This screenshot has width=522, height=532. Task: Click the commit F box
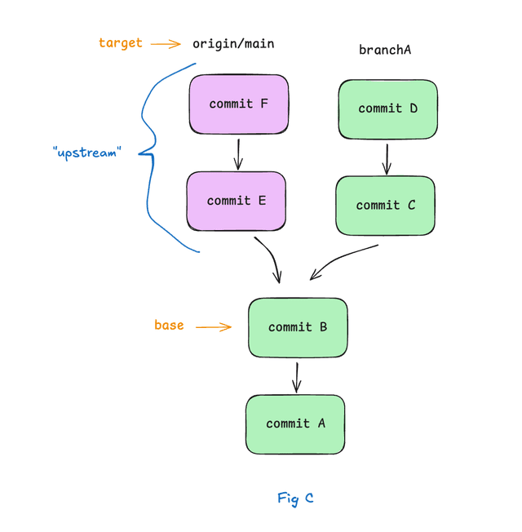coord(238,104)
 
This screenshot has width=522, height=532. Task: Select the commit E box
coord(237,201)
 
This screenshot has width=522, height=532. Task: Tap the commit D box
coord(387,109)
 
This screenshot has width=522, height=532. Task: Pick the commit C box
coord(385,206)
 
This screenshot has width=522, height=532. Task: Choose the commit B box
coord(298,327)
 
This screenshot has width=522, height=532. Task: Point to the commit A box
coord(295,424)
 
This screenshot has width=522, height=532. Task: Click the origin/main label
coord(233,43)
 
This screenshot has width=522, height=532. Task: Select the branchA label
coord(385,51)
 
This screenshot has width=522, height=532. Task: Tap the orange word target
coord(120,42)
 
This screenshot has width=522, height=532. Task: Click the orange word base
coord(169,325)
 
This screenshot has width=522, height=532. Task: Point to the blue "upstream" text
coord(86,153)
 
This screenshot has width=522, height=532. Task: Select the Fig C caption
coord(295,499)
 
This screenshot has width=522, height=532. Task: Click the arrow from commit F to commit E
coord(238,153)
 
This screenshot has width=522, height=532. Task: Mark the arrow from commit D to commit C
coord(387,158)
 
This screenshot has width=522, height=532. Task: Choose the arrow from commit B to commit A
coord(297,377)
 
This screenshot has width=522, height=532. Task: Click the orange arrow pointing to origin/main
coord(166,44)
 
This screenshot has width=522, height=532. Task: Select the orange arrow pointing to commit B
coord(214,327)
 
